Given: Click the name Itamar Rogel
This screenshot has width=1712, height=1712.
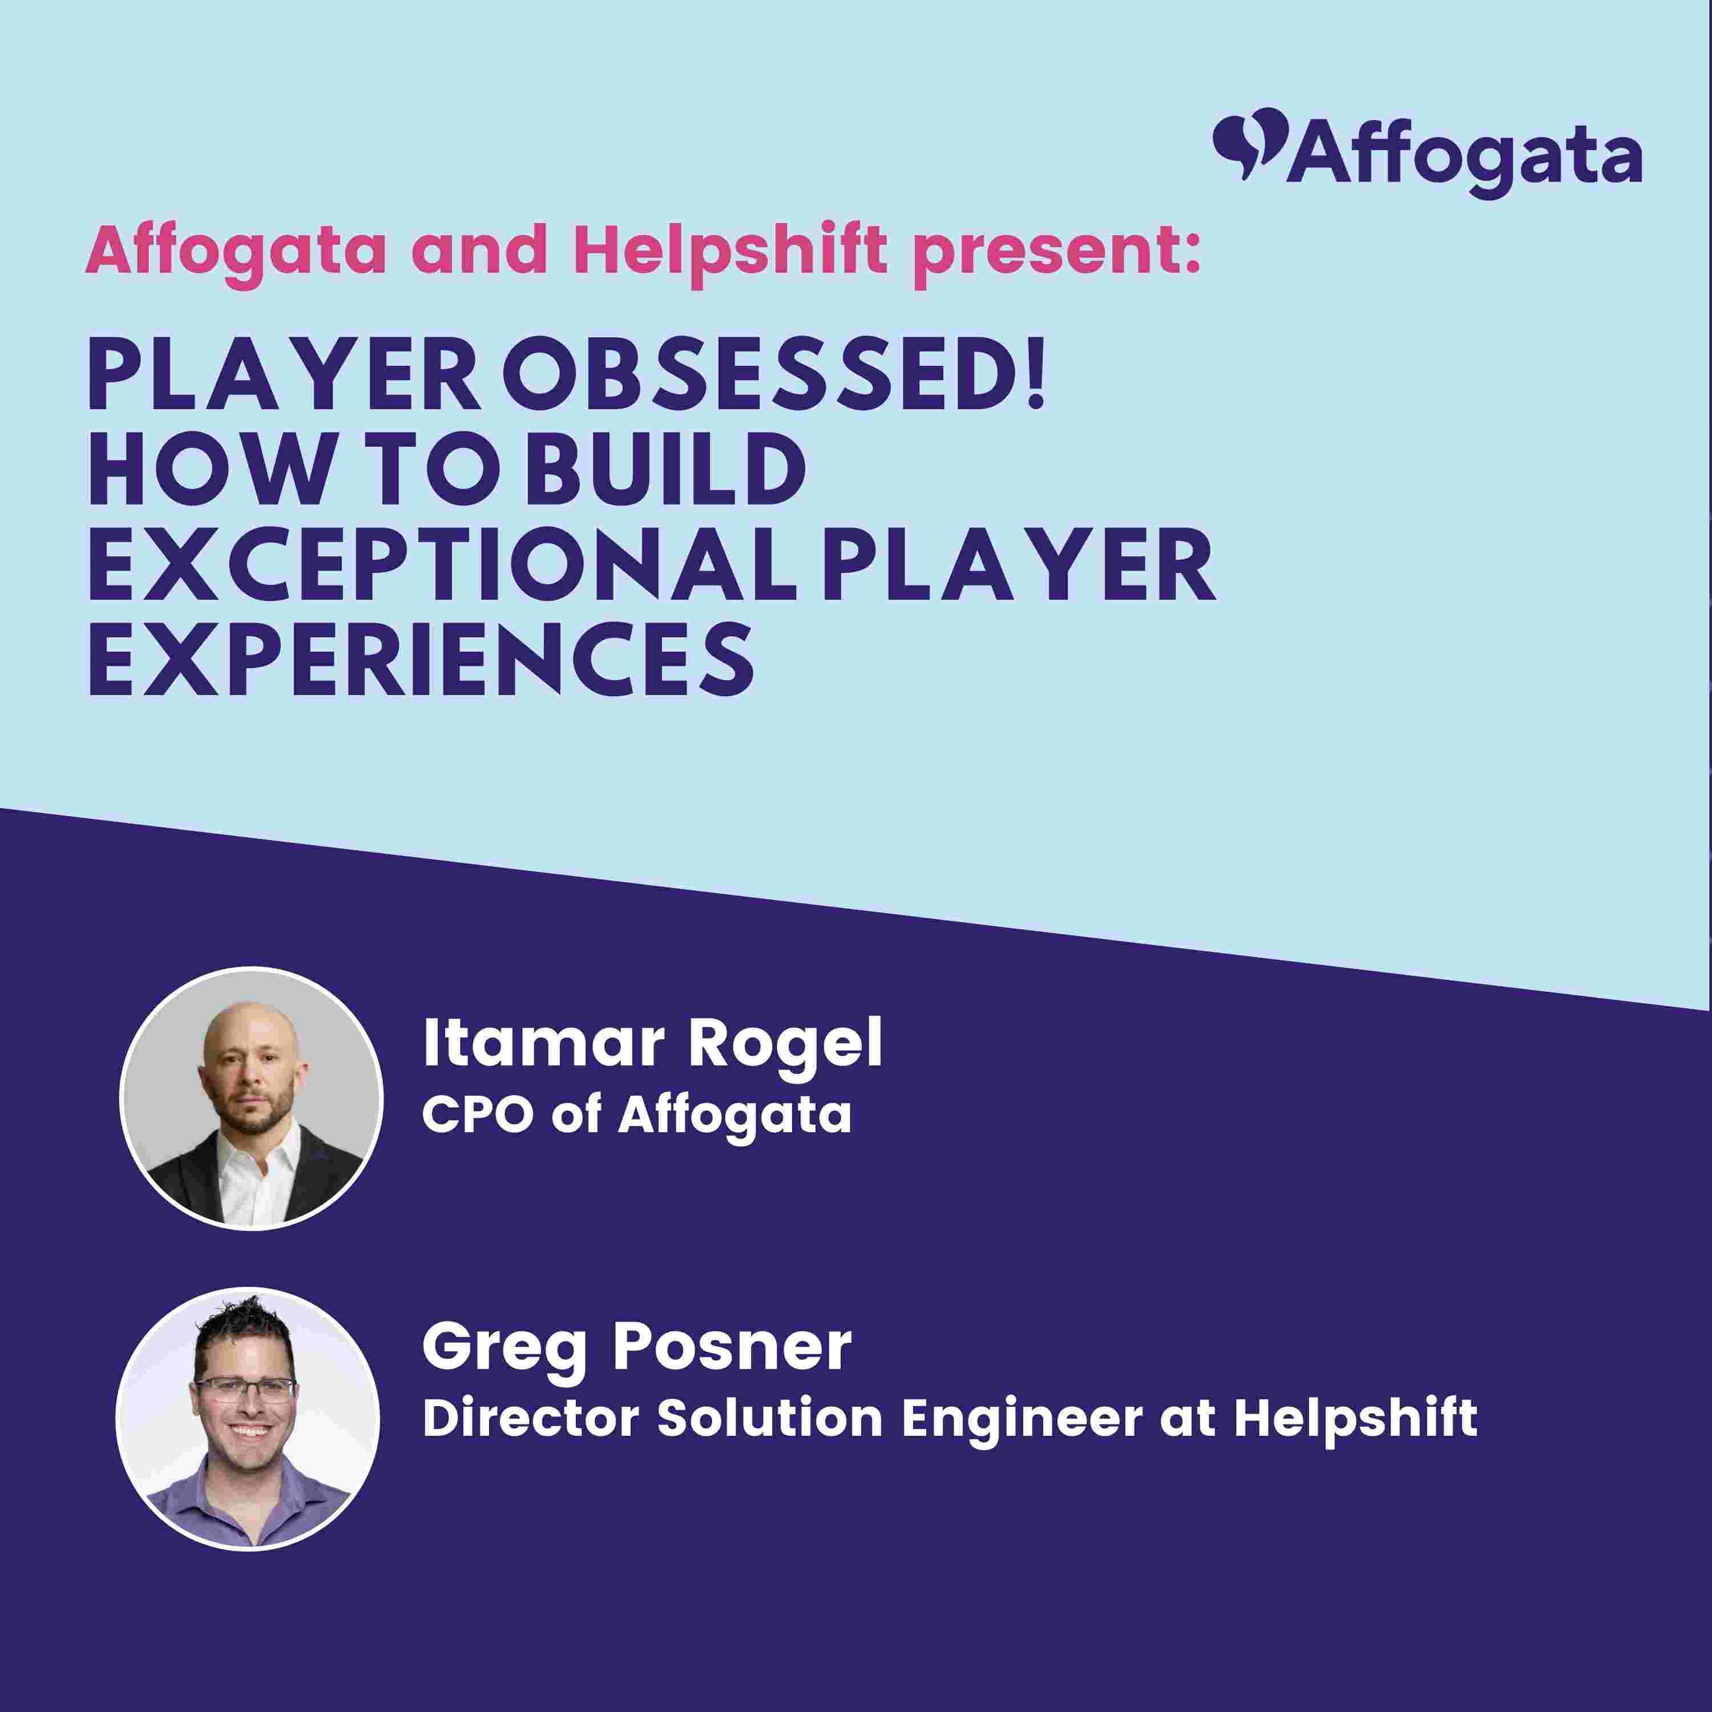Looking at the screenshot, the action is coord(653,1043).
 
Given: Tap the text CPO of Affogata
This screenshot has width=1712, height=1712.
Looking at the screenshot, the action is coord(637,1114).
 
